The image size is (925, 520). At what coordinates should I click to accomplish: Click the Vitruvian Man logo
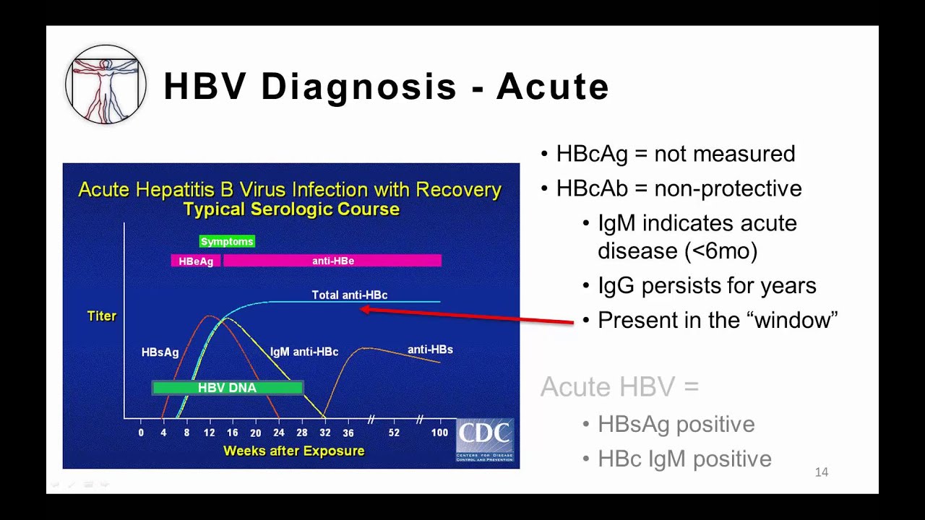pos(106,84)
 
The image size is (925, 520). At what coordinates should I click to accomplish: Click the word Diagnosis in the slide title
pos(359,87)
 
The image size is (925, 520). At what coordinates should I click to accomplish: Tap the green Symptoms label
pos(227,241)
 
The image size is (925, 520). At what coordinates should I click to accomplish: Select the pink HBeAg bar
pos(196,261)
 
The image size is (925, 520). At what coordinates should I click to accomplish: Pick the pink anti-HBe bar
pos(332,261)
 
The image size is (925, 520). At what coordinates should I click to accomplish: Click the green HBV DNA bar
pos(227,388)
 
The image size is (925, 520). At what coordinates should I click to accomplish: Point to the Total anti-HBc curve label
pos(349,295)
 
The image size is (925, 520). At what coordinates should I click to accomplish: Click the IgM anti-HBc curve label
pos(304,352)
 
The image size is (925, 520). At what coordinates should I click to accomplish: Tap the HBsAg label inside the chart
pos(160,352)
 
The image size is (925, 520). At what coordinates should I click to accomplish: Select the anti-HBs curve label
pos(430,350)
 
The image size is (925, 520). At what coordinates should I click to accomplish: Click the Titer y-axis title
pos(102,316)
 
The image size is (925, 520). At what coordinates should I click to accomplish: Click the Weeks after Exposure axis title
pos(293,451)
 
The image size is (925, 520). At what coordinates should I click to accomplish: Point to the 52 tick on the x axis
pos(393,433)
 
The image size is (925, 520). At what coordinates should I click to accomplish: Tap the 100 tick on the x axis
pos(439,433)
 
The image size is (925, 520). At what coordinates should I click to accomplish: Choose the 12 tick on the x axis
pos(209,433)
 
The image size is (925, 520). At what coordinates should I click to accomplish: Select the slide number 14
pos(821,472)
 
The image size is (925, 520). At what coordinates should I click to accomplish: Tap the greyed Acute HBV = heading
pos(619,386)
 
